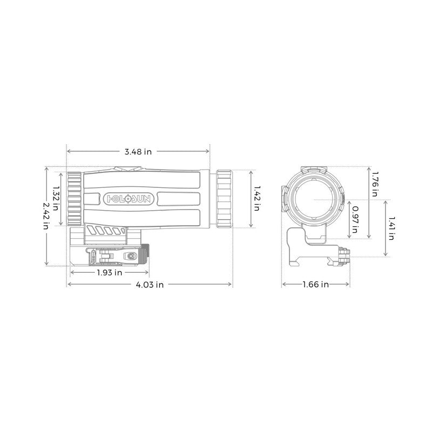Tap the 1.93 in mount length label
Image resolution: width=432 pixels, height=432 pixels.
[110, 273]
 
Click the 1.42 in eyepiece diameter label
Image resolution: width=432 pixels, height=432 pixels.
[257, 199]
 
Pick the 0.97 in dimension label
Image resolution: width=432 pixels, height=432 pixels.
[355, 219]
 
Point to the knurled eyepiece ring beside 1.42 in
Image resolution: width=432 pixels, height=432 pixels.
[225, 198]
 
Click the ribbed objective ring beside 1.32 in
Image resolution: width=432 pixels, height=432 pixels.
[74, 198]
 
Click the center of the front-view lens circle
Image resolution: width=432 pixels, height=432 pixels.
[313, 199]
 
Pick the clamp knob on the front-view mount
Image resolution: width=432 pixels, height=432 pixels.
[344, 256]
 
